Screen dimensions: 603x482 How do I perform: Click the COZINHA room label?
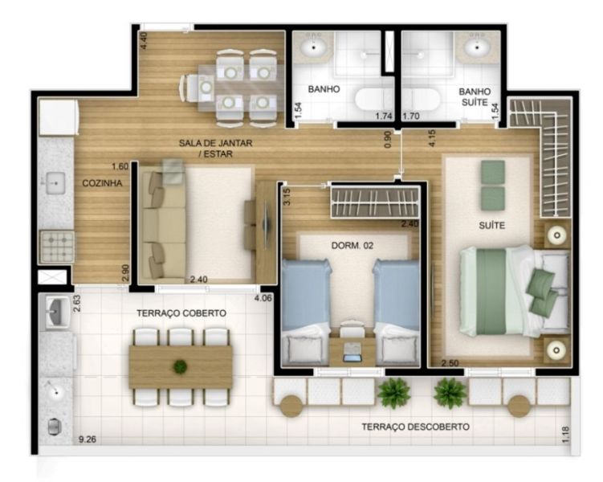[102, 183]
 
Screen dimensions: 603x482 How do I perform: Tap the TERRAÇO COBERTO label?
[181, 313]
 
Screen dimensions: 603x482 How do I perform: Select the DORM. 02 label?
[352, 246]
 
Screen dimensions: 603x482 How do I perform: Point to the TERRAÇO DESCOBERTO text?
[415, 427]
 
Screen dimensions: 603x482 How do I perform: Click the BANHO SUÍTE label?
[475, 97]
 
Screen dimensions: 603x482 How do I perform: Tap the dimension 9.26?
[88, 439]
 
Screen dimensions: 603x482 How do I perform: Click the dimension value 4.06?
[263, 298]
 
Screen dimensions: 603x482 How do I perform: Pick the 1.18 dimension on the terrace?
[565, 435]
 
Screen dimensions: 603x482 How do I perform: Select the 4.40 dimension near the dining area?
[143, 40]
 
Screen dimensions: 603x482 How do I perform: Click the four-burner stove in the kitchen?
[58, 246]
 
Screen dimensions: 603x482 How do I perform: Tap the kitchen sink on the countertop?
[55, 183]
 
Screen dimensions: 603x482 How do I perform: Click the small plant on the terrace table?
[180, 366]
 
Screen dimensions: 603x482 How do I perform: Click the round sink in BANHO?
[314, 47]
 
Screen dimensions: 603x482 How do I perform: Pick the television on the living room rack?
[266, 224]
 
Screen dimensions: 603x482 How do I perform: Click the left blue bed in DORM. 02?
[306, 312]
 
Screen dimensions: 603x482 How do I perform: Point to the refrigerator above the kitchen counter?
[59, 117]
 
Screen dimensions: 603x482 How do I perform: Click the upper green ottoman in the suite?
[493, 172]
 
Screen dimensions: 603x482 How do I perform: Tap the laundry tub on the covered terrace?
[56, 311]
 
